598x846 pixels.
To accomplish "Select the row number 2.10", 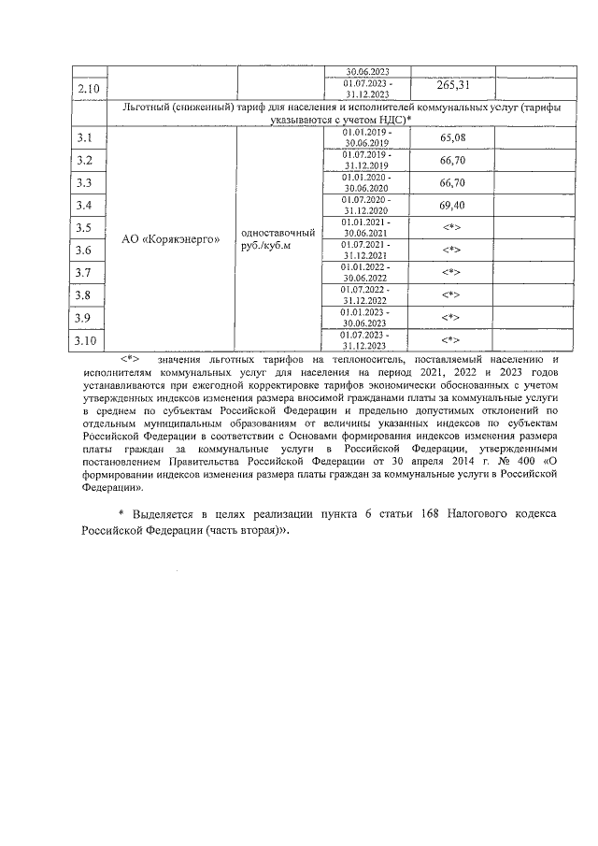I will (91, 89).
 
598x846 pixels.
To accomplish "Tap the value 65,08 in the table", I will (452, 138).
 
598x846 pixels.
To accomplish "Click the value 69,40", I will (452, 205).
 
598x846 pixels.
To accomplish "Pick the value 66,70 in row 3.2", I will (452, 161).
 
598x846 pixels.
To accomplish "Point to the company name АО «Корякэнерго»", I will (172, 238).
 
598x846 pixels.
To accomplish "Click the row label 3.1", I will (83, 138).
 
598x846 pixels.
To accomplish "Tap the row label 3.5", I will (83, 228).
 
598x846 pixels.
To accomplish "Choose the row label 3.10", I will (86, 340).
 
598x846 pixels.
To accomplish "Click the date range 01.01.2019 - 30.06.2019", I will (366, 138).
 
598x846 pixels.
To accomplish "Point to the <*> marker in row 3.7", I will (452, 272).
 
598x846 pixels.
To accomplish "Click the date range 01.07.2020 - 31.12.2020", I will (366, 205).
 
